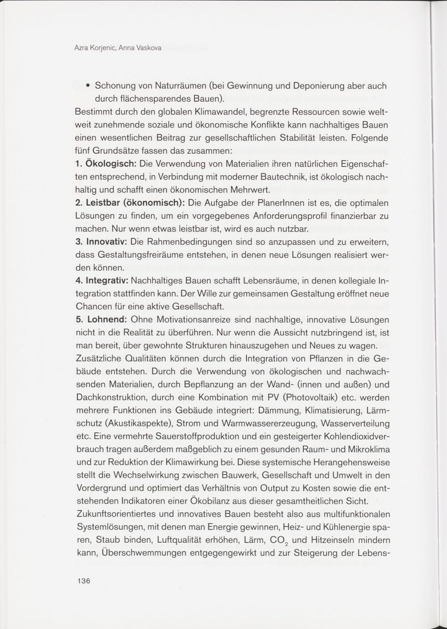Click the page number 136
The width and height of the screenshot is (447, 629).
click(x=84, y=581)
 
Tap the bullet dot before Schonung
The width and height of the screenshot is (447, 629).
click(x=89, y=85)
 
